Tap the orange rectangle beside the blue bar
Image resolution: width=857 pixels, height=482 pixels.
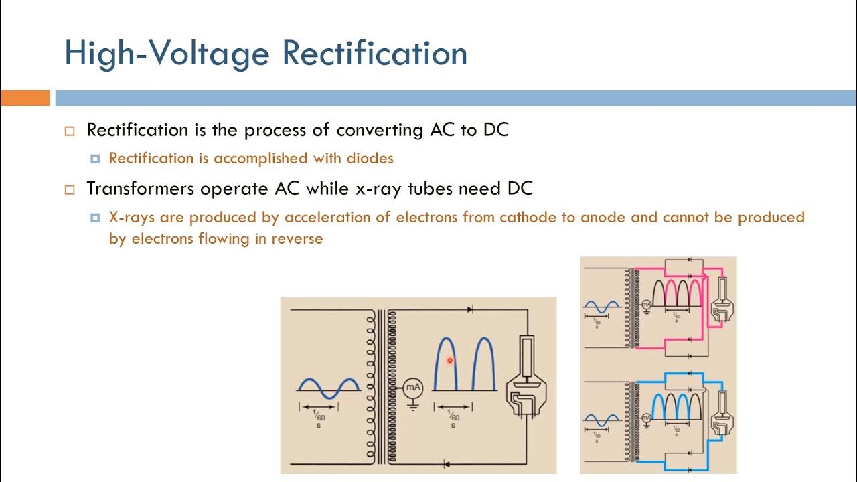pos(25,98)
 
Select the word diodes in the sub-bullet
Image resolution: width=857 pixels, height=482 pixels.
pos(370,159)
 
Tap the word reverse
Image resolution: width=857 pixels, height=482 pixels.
pos(297,239)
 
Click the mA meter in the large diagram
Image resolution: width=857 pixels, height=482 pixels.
pos(413,387)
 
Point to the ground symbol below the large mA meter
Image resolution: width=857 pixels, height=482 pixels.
pos(413,405)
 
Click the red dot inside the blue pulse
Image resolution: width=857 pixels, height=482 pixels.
pos(450,361)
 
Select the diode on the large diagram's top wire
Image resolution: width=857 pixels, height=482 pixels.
pos(470,309)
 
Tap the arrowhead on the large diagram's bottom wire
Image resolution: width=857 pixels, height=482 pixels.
pos(447,463)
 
